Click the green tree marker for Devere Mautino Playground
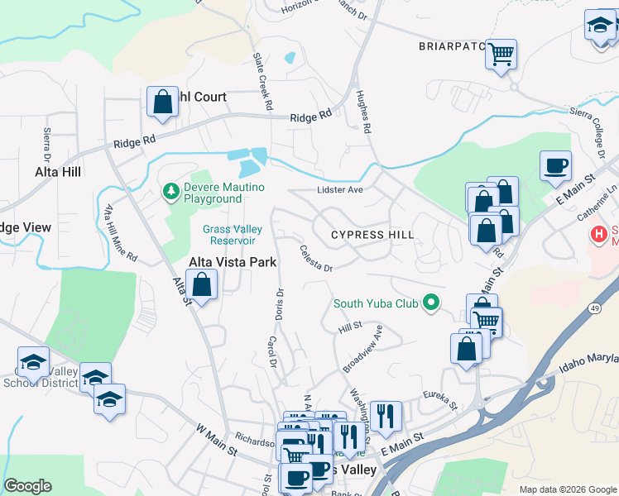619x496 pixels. (171, 192)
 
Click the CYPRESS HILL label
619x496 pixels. (372, 235)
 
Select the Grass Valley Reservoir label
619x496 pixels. (233, 235)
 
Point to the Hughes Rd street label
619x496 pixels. (362, 112)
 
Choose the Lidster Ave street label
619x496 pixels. (340, 190)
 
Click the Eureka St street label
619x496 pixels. (440, 401)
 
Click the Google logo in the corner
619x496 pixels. (27, 486)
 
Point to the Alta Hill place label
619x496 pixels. (58, 172)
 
